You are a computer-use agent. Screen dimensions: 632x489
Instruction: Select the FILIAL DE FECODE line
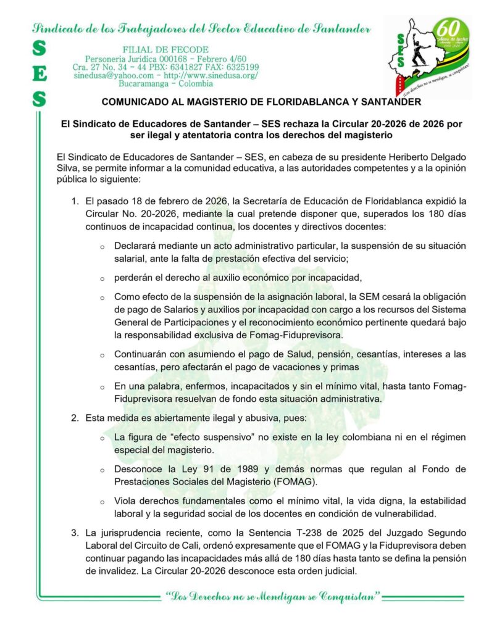[x=165, y=49]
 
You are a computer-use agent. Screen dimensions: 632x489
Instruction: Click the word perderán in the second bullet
[x=134, y=276]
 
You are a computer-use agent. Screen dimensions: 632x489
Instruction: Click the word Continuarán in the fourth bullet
[x=141, y=354]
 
